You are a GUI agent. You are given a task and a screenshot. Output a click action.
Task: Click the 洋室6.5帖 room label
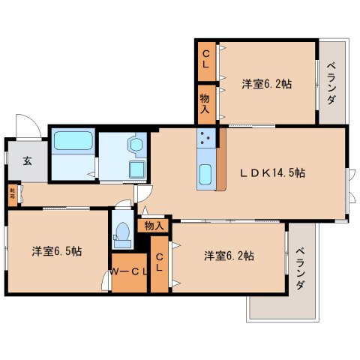click(x=57, y=250)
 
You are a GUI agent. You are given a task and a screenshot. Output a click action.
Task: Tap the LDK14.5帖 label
click(x=271, y=172)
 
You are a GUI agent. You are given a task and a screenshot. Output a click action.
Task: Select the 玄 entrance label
click(x=26, y=160)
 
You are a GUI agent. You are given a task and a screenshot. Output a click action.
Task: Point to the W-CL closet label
click(x=129, y=271)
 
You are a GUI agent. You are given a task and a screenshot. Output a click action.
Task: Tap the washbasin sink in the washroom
click(x=136, y=142)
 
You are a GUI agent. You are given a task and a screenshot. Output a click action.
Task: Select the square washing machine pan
click(x=136, y=169)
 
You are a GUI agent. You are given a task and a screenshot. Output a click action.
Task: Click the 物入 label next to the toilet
click(x=153, y=224)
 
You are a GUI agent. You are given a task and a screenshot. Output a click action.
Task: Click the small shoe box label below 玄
click(x=12, y=193)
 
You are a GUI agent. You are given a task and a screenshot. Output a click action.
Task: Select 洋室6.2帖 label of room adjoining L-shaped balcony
click(x=229, y=256)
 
